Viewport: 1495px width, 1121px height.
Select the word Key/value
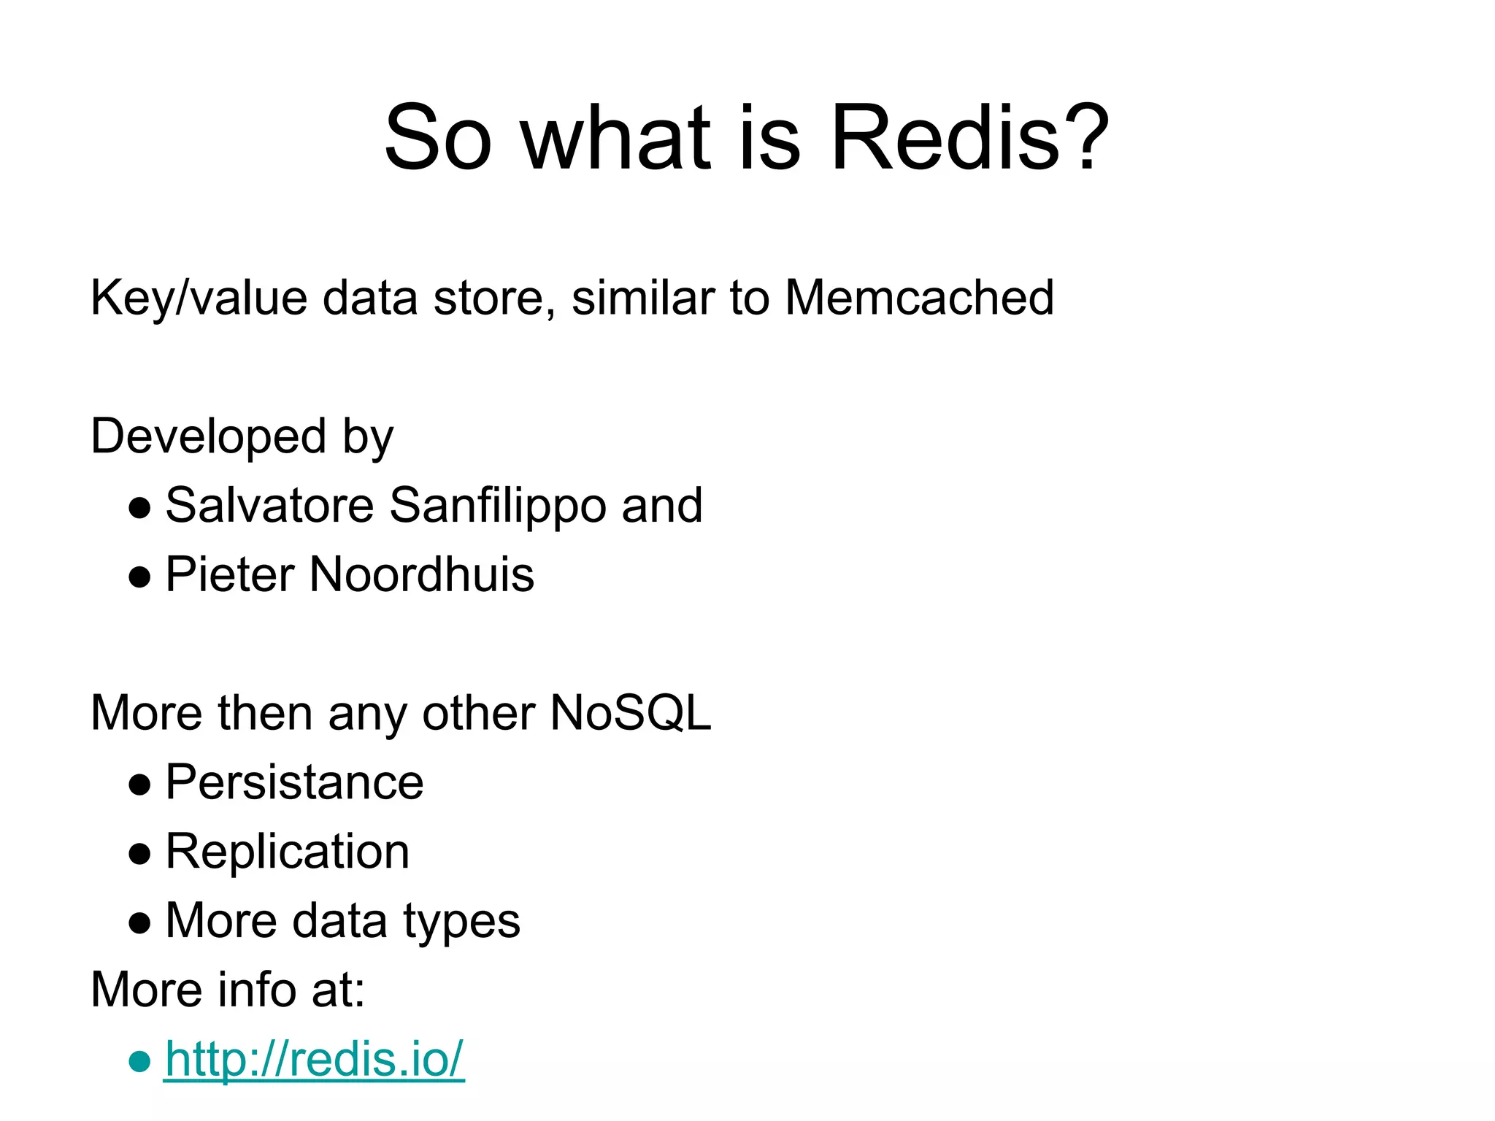coord(199,299)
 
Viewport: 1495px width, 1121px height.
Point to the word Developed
coord(208,436)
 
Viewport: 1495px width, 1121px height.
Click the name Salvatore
coord(269,505)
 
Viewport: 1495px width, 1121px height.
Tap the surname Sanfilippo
coord(498,506)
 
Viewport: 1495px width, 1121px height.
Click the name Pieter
coord(229,574)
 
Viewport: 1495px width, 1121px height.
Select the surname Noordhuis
coord(422,574)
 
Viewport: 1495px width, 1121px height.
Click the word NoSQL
coord(631,713)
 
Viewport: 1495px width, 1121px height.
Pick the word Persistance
coord(294,782)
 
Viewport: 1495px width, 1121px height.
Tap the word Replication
coord(288,852)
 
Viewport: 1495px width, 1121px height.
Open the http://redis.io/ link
coord(314,1059)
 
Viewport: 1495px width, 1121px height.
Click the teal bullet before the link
coord(139,1061)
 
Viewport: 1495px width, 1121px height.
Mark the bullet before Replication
coord(139,854)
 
